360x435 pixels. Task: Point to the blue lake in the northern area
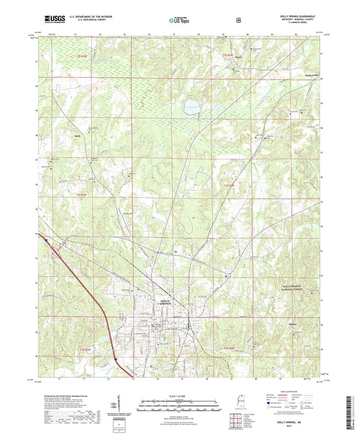pos(190,105)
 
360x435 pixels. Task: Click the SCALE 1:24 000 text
pos(180,396)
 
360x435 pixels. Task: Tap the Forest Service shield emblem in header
pos(238,20)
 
